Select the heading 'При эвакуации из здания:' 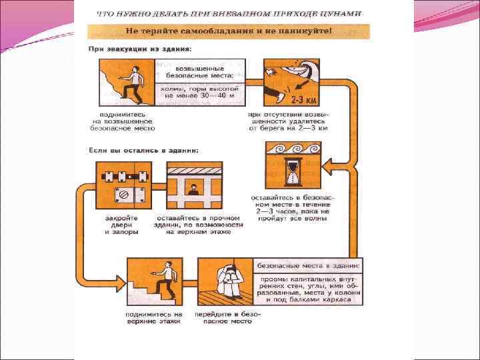click(x=141, y=49)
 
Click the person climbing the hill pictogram click(x=127, y=82)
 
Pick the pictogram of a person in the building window click(x=194, y=185)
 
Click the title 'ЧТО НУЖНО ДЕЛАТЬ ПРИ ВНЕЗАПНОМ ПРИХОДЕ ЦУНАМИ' click(x=230, y=13)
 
